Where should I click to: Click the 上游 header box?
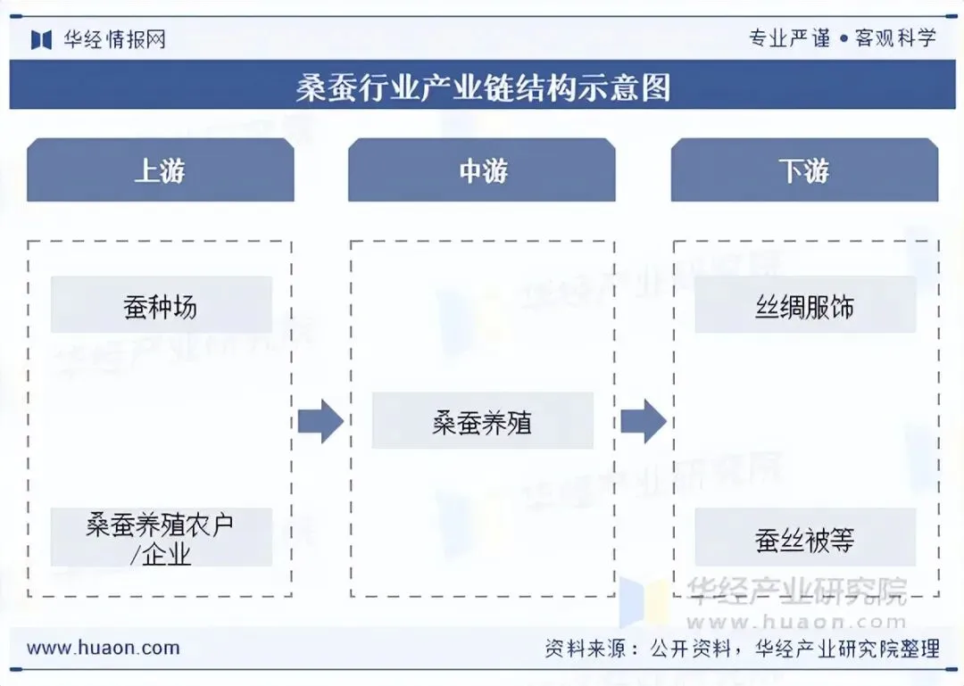160,170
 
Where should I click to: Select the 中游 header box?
482,170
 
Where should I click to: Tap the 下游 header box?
804,170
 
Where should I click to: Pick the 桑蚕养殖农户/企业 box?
161,537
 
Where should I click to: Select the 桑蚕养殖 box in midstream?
482,421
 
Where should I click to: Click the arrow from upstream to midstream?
320,421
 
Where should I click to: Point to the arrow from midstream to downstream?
644,421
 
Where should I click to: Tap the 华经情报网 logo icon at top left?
42,39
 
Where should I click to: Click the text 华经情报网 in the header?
114,39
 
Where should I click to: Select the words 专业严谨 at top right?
789,38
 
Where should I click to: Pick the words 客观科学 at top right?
895,38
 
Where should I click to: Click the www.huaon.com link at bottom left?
103,649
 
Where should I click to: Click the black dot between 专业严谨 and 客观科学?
843,39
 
